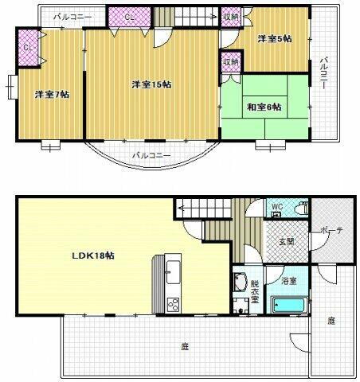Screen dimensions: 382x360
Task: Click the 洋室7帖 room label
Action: (x=52, y=95)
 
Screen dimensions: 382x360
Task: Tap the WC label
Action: (x=276, y=208)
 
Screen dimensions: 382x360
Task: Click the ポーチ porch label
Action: (x=331, y=231)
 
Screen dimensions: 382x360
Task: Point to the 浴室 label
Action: (x=288, y=281)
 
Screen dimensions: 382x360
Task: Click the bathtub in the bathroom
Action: (x=289, y=306)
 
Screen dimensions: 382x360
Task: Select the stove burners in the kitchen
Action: (x=173, y=304)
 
